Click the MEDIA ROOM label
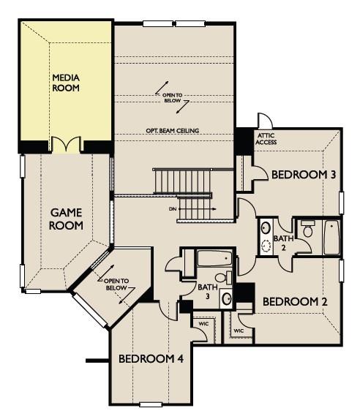click(66, 83)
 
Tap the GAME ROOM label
click(66, 219)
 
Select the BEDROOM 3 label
click(304, 175)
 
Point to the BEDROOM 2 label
click(295, 302)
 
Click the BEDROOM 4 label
click(151, 359)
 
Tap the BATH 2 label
click(283, 243)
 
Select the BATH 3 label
click(208, 292)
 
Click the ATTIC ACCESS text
click(266, 139)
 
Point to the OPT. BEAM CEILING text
click(173, 131)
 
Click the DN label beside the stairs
click(173, 209)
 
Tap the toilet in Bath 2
click(308, 229)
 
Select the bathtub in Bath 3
click(214, 258)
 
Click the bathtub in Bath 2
click(331, 238)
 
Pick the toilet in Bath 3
click(224, 277)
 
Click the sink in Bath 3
click(227, 299)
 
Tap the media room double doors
click(66, 144)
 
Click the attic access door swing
click(265, 121)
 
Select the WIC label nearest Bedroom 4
click(203, 324)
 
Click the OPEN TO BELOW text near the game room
click(116, 284)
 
